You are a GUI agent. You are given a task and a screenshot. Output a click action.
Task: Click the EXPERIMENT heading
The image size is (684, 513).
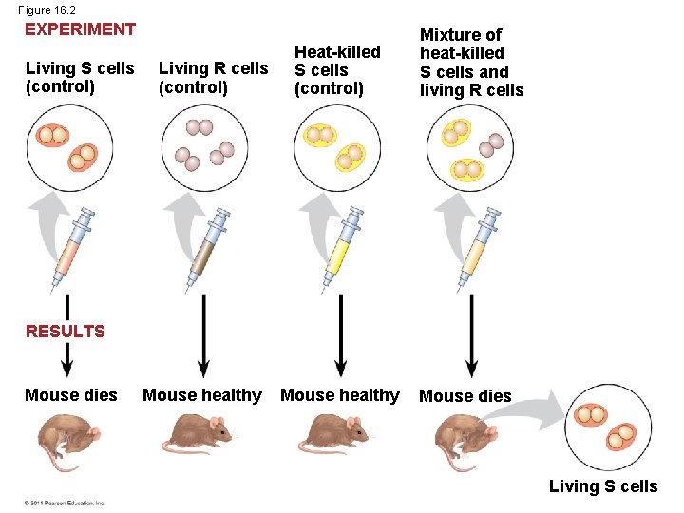pyautogui.click(x=80, y=29)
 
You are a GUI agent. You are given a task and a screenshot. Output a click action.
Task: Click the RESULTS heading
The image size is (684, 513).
pyautogui.click(x=66, y=332)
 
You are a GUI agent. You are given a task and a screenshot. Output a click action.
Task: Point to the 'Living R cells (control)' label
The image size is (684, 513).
pyautogui.click(x=213, y=78)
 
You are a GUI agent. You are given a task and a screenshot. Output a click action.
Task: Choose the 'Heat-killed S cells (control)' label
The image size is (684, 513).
pyautogui.click(x=337, y=70)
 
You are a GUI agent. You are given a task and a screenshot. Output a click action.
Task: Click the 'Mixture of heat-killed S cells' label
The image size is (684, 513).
pyautogui.click(x=471, y=63)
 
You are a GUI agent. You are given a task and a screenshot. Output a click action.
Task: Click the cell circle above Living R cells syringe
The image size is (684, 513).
pyautogui.click(x=203, y=147)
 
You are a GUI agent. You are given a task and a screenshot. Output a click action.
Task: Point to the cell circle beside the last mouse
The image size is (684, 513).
pyautogui.click(x=607, y=426)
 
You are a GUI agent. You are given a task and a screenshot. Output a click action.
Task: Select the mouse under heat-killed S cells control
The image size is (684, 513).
pyautogui.click(x=336, y=435)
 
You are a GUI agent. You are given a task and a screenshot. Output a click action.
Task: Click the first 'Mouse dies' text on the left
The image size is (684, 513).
pyautogui.click(x=71, y=395)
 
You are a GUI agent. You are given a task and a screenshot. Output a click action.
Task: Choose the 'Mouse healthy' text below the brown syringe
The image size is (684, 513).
pyautogui.click(x=201, y=395)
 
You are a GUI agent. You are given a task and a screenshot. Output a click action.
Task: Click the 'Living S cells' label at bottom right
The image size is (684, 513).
pyautogui.click(x=603, y=486)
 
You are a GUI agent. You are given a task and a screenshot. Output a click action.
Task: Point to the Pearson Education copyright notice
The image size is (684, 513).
pyautogui.click(x=65, y=503)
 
